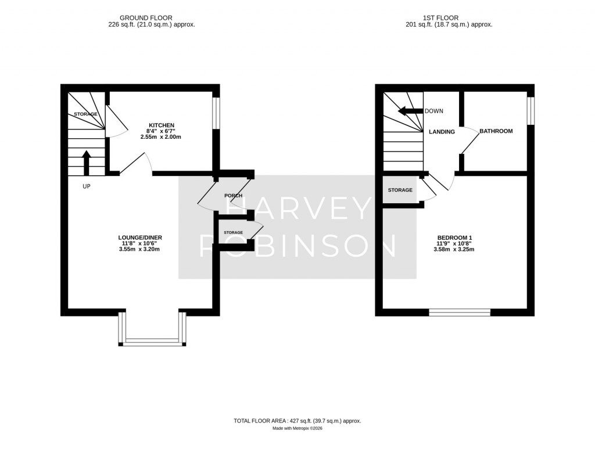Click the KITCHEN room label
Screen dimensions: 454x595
162,125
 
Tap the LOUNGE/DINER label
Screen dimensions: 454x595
139,237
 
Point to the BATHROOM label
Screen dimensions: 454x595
496,131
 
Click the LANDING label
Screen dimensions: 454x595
442,132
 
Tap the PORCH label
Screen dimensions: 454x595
234,196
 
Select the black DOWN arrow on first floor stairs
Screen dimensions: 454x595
410,111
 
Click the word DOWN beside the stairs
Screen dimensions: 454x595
434,111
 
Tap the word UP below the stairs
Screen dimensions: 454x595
87,186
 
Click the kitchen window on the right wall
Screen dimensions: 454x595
216,112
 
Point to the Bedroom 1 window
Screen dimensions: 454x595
460,312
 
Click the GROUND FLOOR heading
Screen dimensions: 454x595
152,18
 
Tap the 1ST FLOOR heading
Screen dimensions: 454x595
449,18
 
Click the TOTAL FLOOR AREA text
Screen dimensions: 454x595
297,420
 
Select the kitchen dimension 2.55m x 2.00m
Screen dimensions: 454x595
162,137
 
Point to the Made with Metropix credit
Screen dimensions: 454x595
297,428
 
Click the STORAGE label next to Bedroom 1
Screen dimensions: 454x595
400,190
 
